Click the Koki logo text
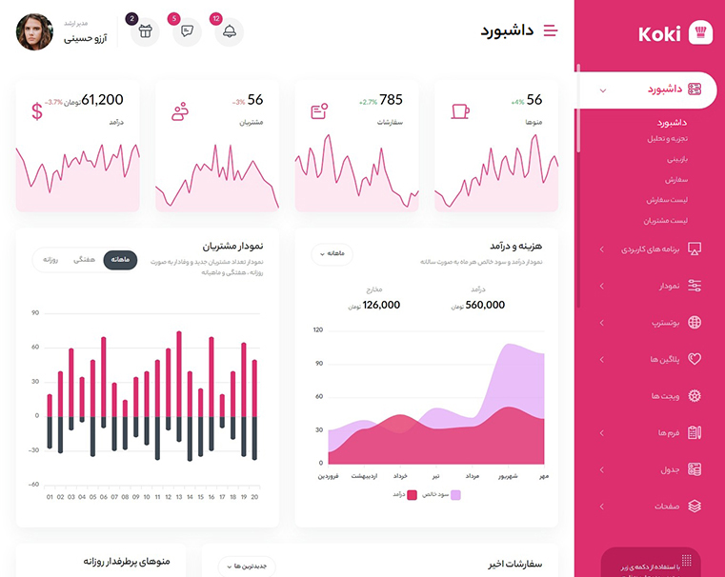tap(659, 33)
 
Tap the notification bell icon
tap(229, 31)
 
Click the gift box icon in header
tap(145, 31)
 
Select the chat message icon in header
tap(187, 31)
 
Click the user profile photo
tap(35, 31)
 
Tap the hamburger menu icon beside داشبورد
tap(550, 30)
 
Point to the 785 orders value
tap(391, 100)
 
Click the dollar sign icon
tap(37, 111)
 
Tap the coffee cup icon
tap(460, 111)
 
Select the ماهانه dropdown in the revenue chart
tap(338, 253)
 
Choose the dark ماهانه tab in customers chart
tap(121, 259)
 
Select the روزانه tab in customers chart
tap(51, 259)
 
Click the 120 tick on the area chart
tap(318, 330)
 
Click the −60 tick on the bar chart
tap(33, 485)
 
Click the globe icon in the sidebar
tap(695, 322)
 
